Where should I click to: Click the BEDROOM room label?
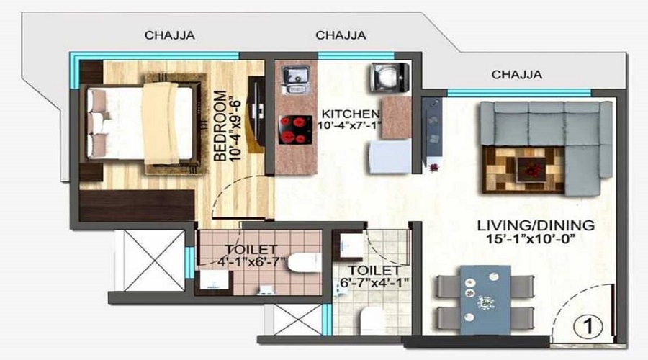pos(220,126)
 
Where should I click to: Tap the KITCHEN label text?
pos(351,113)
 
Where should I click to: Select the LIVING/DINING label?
pos(536,225)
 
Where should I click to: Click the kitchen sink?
pos(295,79)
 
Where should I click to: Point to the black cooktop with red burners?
pos(295,130)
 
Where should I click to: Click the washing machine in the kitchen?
pos(390,77)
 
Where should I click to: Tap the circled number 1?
pos(588,326)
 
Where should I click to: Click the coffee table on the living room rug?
pos(531,169)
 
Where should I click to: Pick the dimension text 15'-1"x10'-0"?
pos(531,239)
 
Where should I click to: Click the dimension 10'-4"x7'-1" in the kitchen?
pos(349,125)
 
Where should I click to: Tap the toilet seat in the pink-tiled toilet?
pos(304,263)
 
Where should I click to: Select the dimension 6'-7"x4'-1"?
pos(374,283)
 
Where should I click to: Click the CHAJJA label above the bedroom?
pos(169,35)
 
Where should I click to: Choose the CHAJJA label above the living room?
pos(516,75)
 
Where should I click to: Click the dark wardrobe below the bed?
pos(137,205)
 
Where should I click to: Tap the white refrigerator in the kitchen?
pos(389,157)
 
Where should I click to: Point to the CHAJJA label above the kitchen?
pos(341,35)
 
